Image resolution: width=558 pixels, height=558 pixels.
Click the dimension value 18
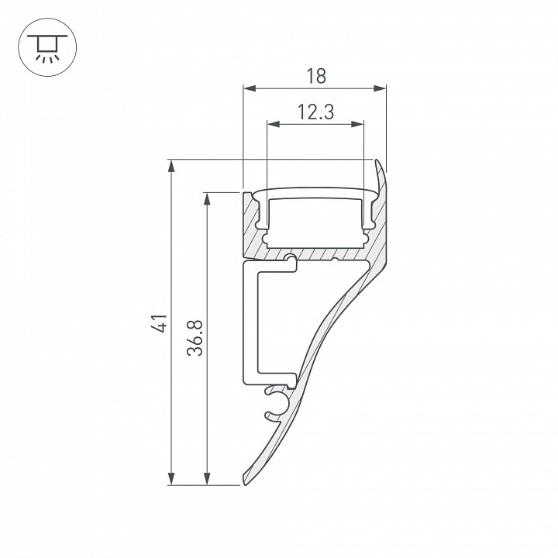(x=315, y=76)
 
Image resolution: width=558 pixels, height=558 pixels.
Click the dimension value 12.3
(x=315, y=112)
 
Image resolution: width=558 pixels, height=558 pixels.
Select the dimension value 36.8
(x=195, y=338)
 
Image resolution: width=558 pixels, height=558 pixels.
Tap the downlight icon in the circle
(x=47, y=48)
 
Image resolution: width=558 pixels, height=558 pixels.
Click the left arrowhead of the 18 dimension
(x=250, y=88)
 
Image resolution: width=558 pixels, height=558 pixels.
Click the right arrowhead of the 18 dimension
(x=380, y=88)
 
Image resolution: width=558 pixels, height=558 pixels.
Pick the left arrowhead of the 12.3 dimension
(x=274, y=124)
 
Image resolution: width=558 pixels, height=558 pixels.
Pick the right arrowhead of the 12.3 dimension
(x=357, y=124)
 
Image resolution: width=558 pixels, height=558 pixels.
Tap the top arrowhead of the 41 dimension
(x=171, y=166)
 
